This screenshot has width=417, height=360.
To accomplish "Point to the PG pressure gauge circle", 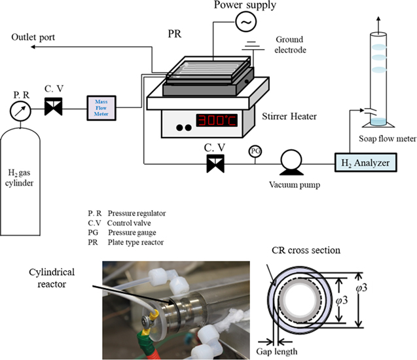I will click(x=255, y=151).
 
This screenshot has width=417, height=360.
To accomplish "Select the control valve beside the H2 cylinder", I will click(x=53, y=107).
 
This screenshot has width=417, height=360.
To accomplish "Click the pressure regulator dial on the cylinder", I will click(x=22, y=112).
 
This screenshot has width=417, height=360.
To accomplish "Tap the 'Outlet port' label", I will click(x=33, y=38).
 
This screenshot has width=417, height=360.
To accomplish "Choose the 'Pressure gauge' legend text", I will click(x=132, y=232).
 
